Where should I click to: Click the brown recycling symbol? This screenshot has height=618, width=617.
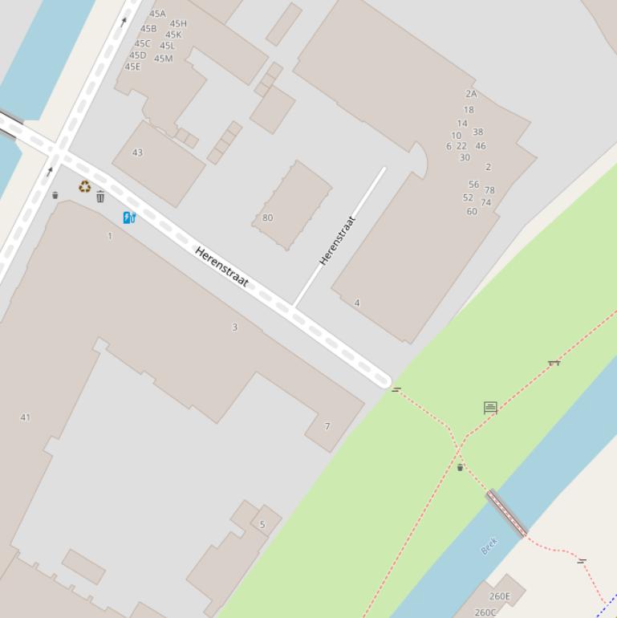pos(84,187)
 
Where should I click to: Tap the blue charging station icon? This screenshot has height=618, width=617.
pos(129,218)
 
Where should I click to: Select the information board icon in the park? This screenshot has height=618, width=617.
pos(490,408)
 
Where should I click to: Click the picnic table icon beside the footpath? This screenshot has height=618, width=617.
pos(554,363)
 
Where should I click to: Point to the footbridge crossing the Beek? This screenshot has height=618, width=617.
pos(507,514)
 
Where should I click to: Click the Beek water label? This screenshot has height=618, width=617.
pos(489,546)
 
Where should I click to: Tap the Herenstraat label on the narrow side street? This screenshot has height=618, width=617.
pos(337,240)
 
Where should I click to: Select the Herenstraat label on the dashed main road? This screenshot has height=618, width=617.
pos(221,267)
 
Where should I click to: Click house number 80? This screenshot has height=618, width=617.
pos(267,218)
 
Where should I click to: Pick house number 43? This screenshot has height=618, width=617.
pos(137,152)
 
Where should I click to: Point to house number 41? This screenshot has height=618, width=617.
pos(25,417)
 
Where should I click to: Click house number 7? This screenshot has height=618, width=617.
pos(327,426)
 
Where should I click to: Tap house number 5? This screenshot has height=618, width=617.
pos(262,525)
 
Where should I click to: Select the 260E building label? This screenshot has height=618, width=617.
pos(499,596)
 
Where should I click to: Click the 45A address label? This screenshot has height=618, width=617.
pos(157,14)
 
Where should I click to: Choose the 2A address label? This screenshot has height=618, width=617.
pos(471,94)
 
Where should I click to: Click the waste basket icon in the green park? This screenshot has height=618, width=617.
pos(460,467)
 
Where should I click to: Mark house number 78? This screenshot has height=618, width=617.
pos(489,190)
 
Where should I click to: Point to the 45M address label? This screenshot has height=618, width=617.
pos(163,59)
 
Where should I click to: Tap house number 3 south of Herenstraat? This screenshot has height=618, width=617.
pos(235,327)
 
